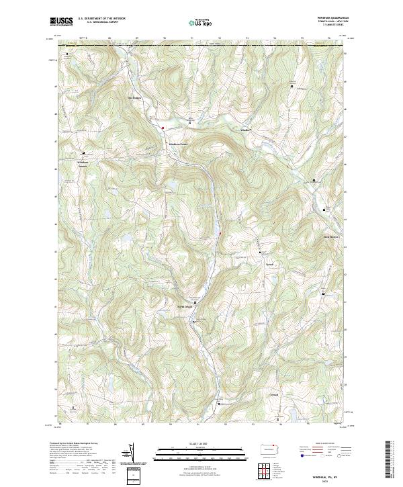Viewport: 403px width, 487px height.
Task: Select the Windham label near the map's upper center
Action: [x=245, y=130]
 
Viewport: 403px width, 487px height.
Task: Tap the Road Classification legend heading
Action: [x=322, y=444]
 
